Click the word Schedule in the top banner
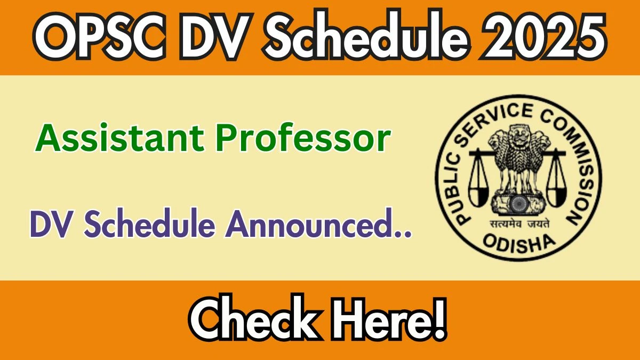tap(366, 36)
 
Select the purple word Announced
tap(318, 224)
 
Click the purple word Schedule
tap(149, 223)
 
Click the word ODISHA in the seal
tap(519, 244)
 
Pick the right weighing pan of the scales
tap(556, 196)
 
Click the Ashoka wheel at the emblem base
tap(518, 203)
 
